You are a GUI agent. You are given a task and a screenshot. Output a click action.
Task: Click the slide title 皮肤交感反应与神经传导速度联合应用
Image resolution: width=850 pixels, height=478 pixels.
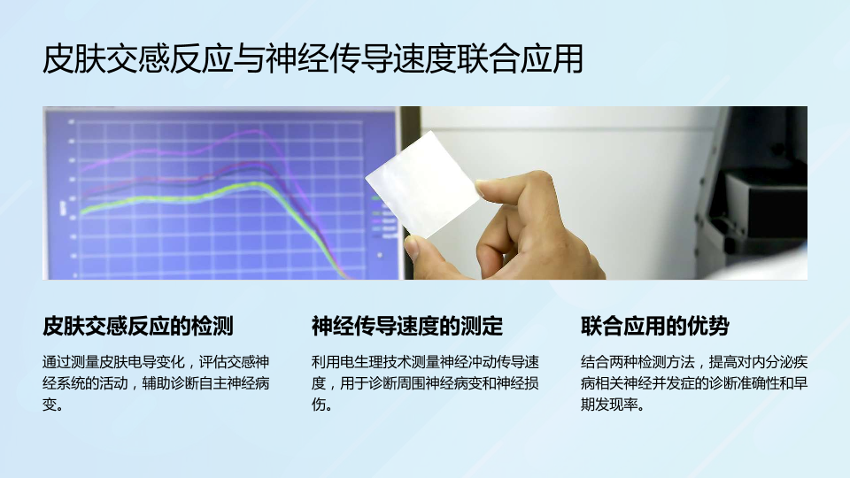coord(313,59)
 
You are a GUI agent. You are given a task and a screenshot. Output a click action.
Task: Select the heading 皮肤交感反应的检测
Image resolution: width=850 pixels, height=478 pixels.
coord(138,327)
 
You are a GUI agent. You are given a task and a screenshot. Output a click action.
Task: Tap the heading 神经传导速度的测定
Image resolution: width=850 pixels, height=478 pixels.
coord(407,327)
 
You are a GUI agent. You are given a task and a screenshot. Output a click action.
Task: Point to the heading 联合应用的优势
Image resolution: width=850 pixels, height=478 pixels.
coord(655,327)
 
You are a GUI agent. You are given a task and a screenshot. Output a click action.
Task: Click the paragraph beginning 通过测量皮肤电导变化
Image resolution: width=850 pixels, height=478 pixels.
coord(156,383)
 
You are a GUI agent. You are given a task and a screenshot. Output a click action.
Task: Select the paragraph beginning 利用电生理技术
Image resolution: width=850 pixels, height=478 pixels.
coord(425,383)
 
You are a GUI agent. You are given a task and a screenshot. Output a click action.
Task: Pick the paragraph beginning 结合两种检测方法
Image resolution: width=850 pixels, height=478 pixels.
coord(694,383)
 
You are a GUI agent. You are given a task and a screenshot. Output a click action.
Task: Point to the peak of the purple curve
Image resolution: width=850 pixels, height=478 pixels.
coord(238,132)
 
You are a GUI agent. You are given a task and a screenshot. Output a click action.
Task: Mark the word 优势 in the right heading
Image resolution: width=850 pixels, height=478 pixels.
coord(708,327)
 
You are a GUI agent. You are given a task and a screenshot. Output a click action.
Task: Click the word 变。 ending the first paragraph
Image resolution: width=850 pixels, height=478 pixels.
coord(53,405)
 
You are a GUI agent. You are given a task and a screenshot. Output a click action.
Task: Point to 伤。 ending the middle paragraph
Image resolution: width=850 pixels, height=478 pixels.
coord(322,405)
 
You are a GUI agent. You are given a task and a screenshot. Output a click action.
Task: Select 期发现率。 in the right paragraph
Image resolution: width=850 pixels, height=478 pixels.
coord(613,405)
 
